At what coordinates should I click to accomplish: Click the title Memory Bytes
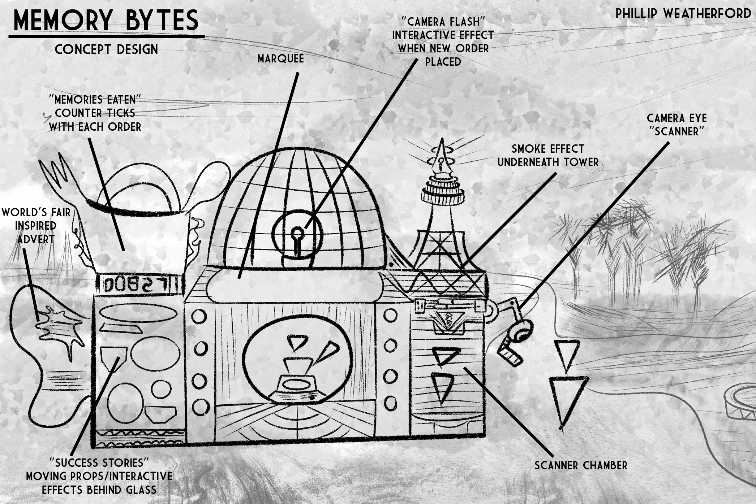(106, 21)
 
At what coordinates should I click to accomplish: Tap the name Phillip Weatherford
(683, 14)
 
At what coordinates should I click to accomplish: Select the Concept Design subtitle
(106, 49)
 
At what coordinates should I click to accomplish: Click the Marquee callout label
(280, 59)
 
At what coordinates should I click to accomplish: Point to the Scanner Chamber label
(581, 465)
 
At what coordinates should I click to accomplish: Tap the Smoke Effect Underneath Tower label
(548, 155)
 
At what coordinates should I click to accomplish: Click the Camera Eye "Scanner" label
(676, 125)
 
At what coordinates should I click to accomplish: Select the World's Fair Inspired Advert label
(36, 226)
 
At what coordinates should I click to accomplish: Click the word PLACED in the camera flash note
(443, 62)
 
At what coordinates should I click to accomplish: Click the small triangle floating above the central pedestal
(297, 342)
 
